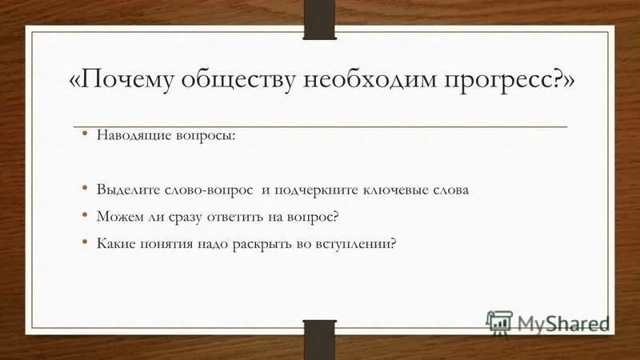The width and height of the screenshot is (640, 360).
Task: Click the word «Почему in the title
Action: pos(122,82)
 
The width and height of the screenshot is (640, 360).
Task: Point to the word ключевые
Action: pos(387,190)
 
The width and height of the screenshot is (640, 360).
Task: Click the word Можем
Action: pos(117,216)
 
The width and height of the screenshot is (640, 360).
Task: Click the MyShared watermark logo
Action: pos(547,322)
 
